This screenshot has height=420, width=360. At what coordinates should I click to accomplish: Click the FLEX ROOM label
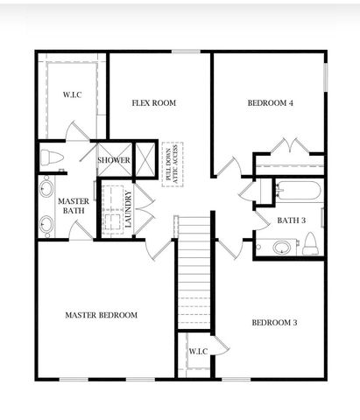[x=154, y=103]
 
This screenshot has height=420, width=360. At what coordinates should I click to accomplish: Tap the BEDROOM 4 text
[x=270, y=103]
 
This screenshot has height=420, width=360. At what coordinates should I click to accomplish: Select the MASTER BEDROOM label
[x=102, y=315]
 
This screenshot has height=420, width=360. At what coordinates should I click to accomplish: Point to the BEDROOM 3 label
[x=275, y=323]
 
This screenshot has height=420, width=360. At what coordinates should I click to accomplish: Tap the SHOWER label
[x=114, y=161]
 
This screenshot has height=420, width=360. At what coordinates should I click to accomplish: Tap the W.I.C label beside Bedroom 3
[x=197, y=351]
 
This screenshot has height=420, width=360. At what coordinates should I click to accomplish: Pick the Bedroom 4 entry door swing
[x=226, y=166]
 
